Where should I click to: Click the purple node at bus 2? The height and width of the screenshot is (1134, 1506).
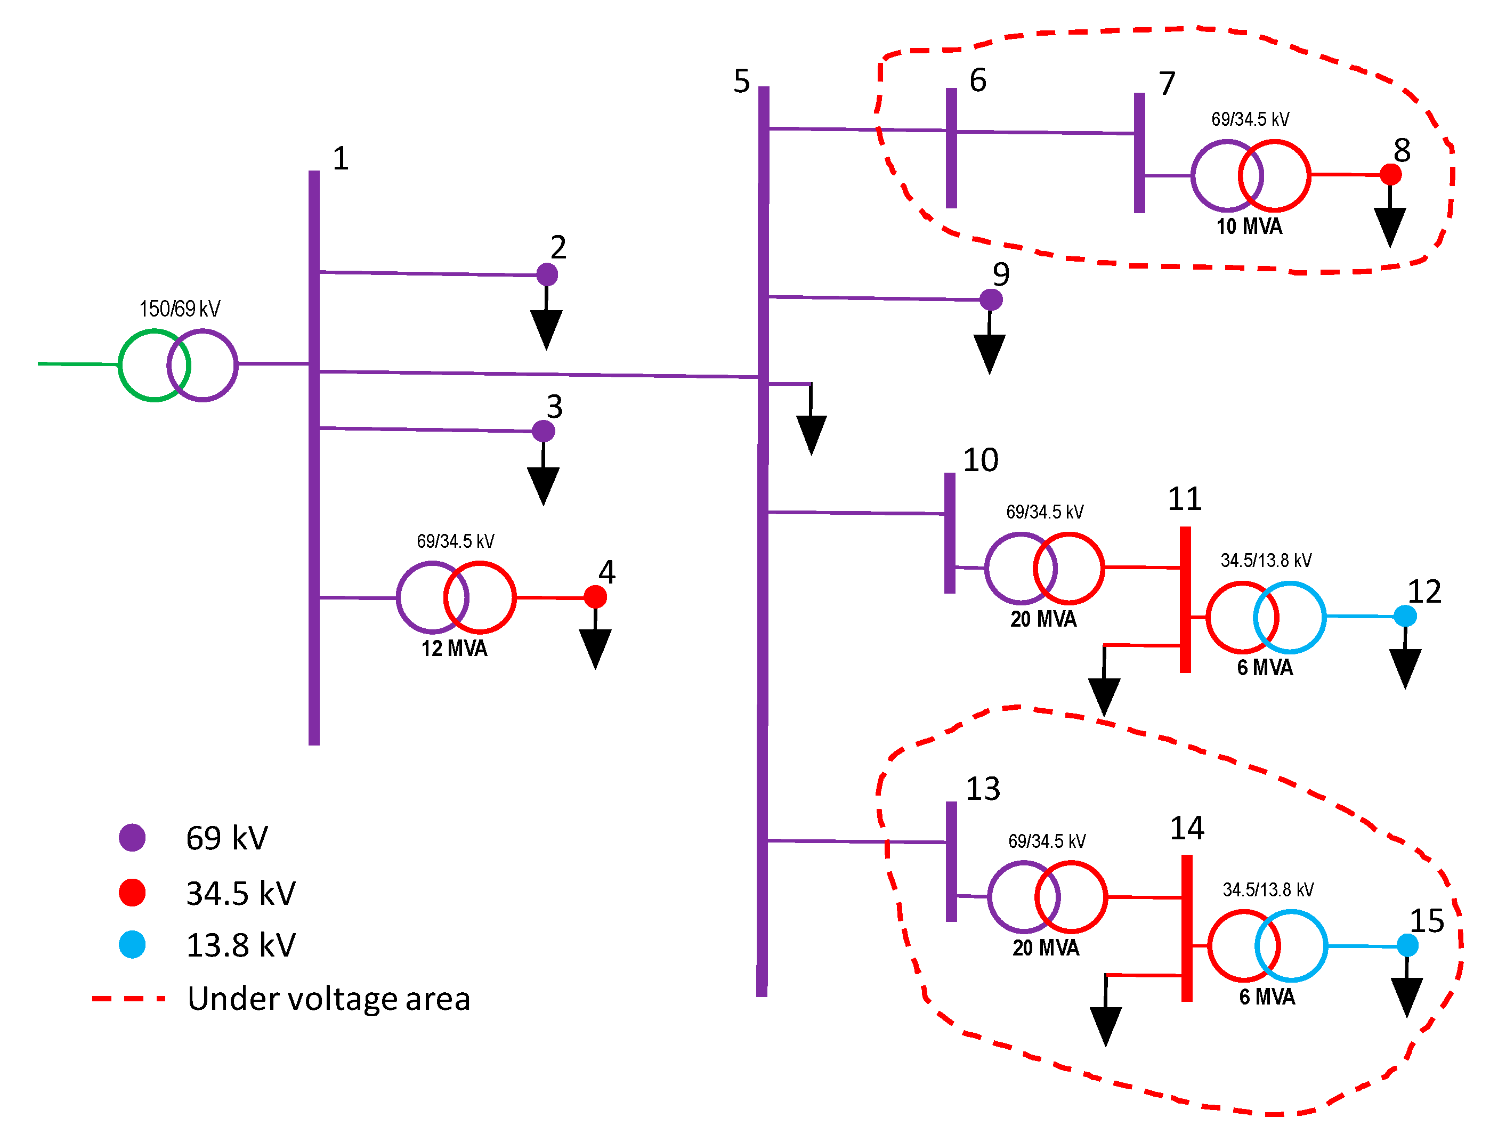coord(547,274)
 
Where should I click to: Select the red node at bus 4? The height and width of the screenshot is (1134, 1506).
coord(595,597)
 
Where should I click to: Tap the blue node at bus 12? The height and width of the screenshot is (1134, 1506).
coord(1405,616)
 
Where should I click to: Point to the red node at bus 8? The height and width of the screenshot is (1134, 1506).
coord(1390,175)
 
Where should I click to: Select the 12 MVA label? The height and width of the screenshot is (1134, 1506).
coord(454,649)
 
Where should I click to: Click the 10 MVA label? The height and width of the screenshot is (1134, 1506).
coord(1249,226)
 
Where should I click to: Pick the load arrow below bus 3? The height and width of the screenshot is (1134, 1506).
coord(544,484)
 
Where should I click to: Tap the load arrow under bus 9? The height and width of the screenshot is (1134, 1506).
coord(989,353)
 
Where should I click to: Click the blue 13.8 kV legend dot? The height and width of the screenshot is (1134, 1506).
coord(132,945)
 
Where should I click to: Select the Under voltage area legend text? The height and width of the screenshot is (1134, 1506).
coord(329,999)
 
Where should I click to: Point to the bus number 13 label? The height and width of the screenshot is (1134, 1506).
coord(983,789)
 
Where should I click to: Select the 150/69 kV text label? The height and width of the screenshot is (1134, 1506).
coord(180,309)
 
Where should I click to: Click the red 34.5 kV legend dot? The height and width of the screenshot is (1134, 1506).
coord(132,893)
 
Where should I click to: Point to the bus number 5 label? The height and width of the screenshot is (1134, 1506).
coord(741,81)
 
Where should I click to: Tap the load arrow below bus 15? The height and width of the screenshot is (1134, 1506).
coord(1406,997)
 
